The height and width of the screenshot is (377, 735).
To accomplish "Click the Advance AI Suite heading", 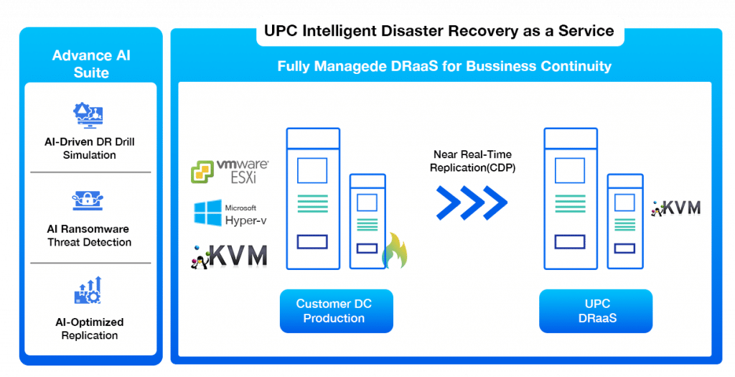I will pyautogui.click(x=90, y=64).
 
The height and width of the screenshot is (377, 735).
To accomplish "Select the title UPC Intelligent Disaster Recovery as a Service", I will pyautogui.click(x=439, y=32).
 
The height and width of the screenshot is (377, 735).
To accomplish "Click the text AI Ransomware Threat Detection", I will pyautogui.click(x=89, y=236).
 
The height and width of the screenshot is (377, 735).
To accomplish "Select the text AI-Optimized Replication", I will pyautogui.click(x=89, y=329).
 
